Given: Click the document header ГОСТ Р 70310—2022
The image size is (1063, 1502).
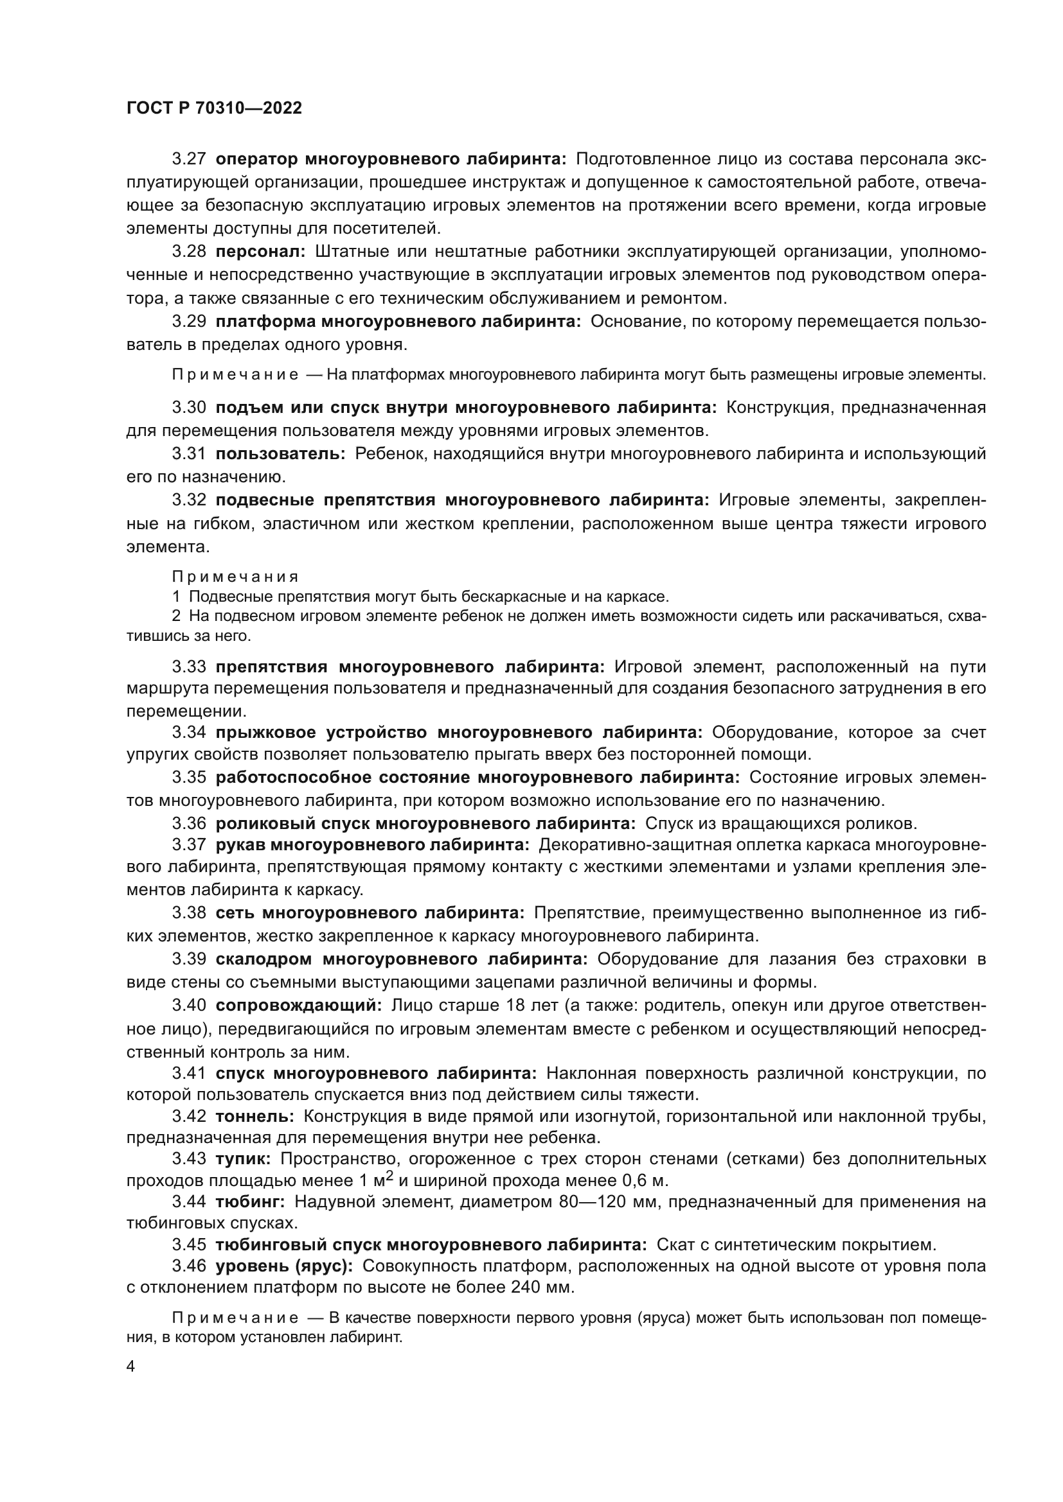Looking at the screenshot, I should [x=214, y=109].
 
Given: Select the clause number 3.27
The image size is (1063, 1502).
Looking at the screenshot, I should [x=188, y=159].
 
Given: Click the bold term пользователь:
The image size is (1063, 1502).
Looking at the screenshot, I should [x=280, y=454].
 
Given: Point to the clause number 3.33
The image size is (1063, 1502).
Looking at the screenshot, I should [x=188, y=667].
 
